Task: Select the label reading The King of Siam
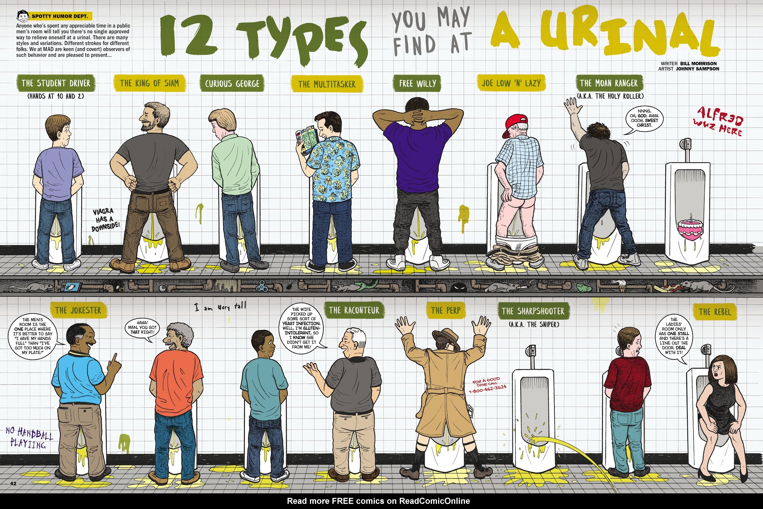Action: click(149, 83)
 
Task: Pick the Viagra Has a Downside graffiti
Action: click(106, 220)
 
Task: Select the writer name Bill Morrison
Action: click(698, 64)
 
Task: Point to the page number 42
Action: click(13, 484)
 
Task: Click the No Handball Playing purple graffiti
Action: click(29, 437)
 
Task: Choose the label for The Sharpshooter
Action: click(533, 311)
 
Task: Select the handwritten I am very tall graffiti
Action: click(220, 307)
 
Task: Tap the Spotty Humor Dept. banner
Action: click(60, 16)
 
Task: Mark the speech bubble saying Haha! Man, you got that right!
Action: click(142, 328)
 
